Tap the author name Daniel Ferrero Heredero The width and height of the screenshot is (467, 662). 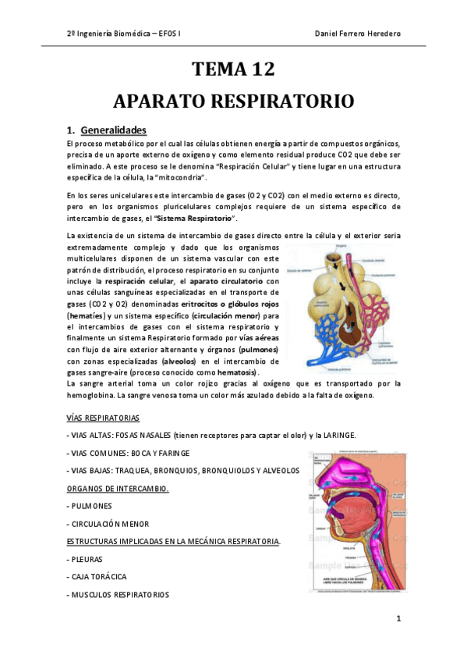click(x=358, y=34)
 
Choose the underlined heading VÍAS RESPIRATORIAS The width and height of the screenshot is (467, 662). click(x=104, y=418)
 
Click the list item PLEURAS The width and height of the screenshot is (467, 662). click(x=87, y=559)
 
